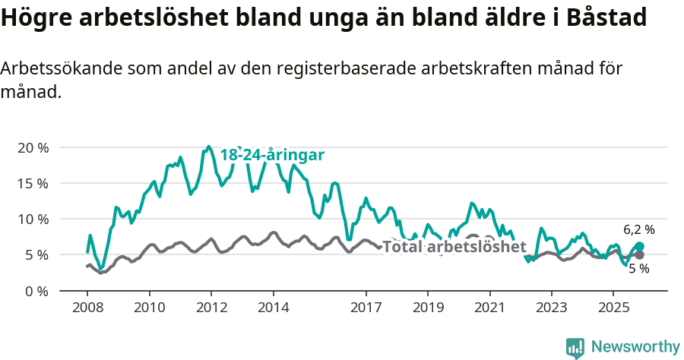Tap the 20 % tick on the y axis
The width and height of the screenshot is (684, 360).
pyautogui.click(x=33, y=147)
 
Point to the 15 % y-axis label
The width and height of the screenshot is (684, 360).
pyautogui.click(x=33, y=183)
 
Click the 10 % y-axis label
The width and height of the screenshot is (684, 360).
pyautogui.click(x=33, y=219)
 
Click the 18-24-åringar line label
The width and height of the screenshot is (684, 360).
pyautogui.click(x=272, y=155)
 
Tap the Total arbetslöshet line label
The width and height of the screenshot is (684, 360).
pyautogui.click(x=454, y=247)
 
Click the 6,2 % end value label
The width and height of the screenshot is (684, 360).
pyautogui.click(x=638, y=229)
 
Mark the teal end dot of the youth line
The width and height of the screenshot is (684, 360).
pyautogui.click(x=639, y=246)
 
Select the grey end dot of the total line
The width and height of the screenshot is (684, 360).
pyautogui.click(x=639, y=254)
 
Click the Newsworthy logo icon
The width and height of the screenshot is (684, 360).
pyautogui.click(x=575, y=347)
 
